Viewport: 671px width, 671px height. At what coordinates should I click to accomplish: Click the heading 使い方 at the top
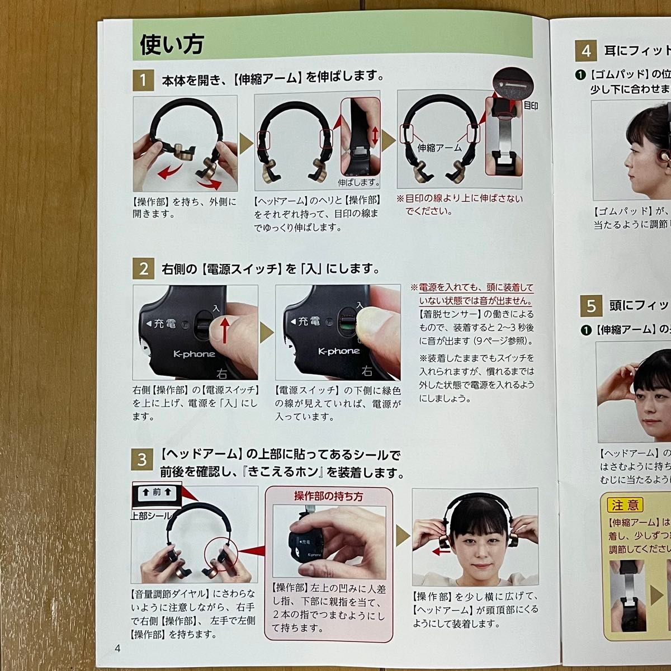[x=172, y=44]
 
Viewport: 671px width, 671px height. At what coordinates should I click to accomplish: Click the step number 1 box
[x=143, y=81]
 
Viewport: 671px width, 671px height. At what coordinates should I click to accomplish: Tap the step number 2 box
[x=143, y=269]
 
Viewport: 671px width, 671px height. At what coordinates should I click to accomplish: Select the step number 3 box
[x=143, y=460]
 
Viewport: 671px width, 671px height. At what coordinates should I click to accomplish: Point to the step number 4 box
[x=586, y=51]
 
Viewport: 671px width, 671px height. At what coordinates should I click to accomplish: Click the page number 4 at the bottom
[x=117, y=649]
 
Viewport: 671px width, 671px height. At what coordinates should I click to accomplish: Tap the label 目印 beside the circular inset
[x=531, y=105]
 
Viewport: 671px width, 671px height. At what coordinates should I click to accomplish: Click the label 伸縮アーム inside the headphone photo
[x=440, y=148]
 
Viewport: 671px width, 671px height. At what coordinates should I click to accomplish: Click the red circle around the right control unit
[x=222, y=557]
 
